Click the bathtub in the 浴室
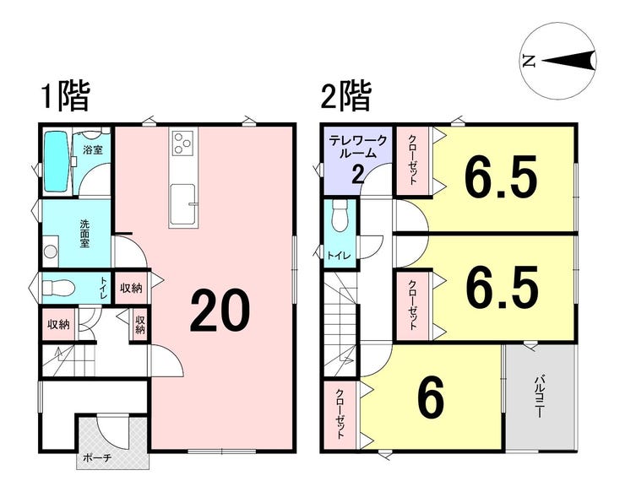57,162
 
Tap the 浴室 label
93,149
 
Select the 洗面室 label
84,234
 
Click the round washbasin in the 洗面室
51,251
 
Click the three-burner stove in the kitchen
182,143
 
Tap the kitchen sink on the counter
183,204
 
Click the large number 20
220,311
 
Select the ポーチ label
97,457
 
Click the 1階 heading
64,96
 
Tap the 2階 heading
345,96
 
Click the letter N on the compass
530,61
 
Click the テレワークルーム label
357,147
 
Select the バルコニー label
538,396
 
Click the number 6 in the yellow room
431,398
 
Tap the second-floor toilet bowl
340,215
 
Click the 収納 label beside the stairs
58,325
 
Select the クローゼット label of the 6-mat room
340,414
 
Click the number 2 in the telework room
357,174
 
